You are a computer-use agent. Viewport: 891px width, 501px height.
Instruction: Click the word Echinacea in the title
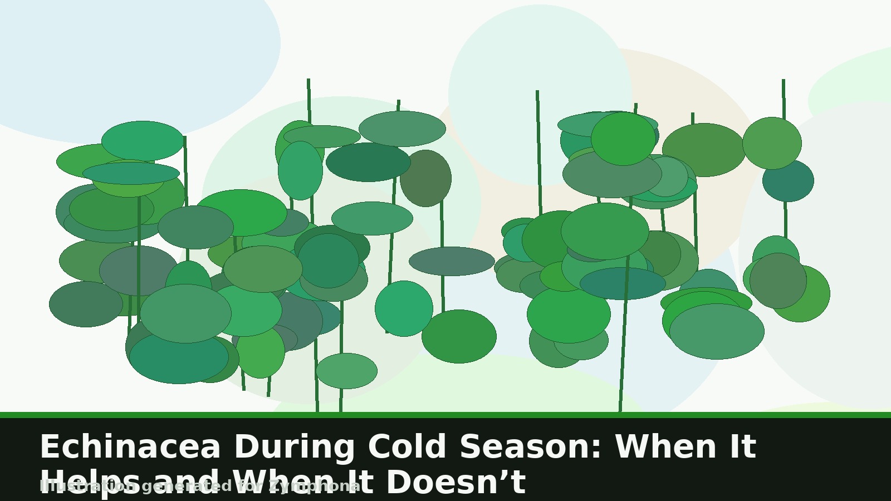[x=130, y=447]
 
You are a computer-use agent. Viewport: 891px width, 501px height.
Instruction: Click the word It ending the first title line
[x=740, y=447]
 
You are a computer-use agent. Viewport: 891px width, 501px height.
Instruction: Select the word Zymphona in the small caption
[x=314, y=487]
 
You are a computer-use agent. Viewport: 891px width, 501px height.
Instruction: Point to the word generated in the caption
[x=187, y=487]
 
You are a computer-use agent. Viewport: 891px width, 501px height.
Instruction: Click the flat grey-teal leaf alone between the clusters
[x=452, y=261]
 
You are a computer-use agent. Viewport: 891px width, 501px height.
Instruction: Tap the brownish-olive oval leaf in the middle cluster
[x=425, y=178]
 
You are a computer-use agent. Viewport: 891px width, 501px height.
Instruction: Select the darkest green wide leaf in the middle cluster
[x=368, y=162]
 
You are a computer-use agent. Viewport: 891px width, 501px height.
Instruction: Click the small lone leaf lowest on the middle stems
[x=346, y=371]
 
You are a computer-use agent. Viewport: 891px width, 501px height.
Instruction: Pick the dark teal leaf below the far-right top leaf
[x=788, y=181]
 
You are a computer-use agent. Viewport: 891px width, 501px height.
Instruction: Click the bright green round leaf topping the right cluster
[x=623, y=139]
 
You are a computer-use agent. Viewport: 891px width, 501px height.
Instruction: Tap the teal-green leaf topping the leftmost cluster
[x=143, y=141]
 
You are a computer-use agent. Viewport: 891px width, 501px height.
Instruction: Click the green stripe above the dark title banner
[x=445, y=415]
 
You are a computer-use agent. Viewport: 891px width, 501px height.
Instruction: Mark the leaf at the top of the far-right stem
[x=772, y=143]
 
